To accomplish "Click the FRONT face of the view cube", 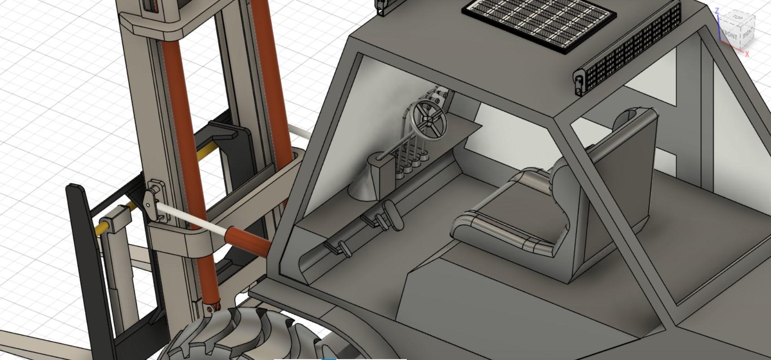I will (x=729, y=35).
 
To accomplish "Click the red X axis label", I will (x=747, y=54).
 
